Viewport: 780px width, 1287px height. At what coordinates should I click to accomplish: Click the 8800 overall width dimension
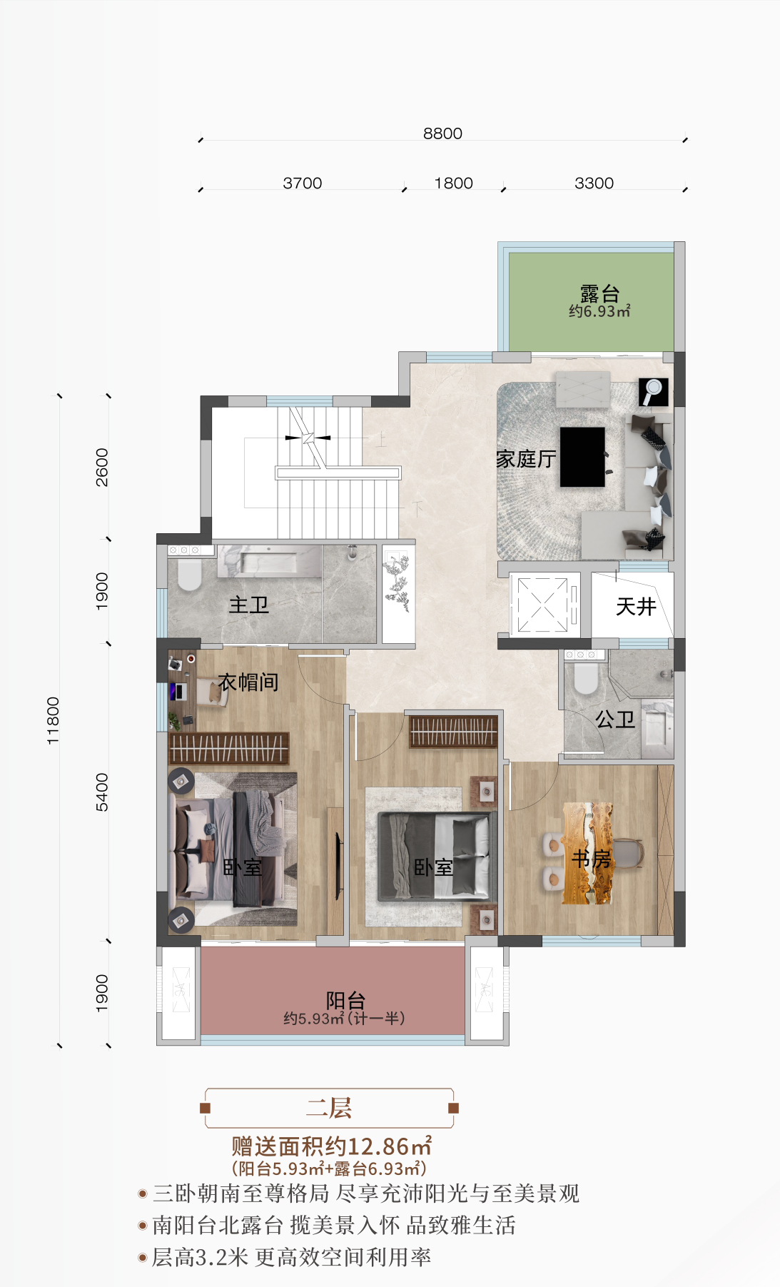pos(442,133)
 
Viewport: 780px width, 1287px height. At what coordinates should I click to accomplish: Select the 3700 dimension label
pos(303,183)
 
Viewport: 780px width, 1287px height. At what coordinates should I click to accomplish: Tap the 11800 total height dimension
pos(54,721)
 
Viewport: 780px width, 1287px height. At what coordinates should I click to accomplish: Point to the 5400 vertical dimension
pos(102,792)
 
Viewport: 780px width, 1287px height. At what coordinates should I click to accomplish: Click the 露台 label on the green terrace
pos(599,293)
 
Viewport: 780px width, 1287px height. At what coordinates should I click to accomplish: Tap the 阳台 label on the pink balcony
pos(345,1001)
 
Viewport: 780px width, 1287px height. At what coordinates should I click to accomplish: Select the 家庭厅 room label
pos(526,459)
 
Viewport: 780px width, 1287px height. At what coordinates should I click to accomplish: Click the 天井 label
pos(635,607)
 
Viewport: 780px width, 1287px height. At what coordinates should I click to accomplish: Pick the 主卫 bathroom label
pos(248,605)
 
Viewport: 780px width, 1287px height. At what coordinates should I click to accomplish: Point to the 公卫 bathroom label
pos(615,720)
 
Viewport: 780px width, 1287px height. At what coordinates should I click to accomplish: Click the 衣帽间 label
pos(248,682)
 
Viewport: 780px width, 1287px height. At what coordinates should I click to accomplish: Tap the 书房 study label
pos(592,859)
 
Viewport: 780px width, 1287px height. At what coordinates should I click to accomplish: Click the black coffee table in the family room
pos(582,457)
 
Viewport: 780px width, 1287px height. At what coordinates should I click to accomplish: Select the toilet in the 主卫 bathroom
pos(189,575)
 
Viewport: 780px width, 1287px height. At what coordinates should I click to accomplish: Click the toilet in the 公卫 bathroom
pos(585,678)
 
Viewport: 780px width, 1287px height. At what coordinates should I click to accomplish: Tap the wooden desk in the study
pos(587,853)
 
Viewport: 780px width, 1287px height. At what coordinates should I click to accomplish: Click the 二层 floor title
pos(329,1108)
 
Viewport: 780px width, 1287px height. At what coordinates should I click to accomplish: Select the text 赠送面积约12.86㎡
pos(331,1146)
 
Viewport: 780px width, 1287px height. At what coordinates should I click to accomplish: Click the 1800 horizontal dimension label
pos(454,183)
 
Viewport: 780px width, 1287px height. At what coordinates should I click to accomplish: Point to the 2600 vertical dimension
pos(102,468)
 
